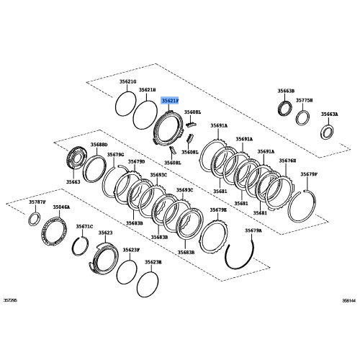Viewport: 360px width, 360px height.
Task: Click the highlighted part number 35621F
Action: pyautogui.click(x=171, y=102)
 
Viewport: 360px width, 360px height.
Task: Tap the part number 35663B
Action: pyautogui.click(x=286, y=91)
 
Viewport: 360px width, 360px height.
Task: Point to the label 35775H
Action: pyautogui.click(x=306, y=101)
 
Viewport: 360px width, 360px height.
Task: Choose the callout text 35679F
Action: pyautogui.click(x=309, y=174)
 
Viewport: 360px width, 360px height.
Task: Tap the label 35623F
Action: pyautogui.click(x=130, y=250)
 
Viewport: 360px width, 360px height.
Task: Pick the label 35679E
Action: pyautogui.click(x=218, y=210)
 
